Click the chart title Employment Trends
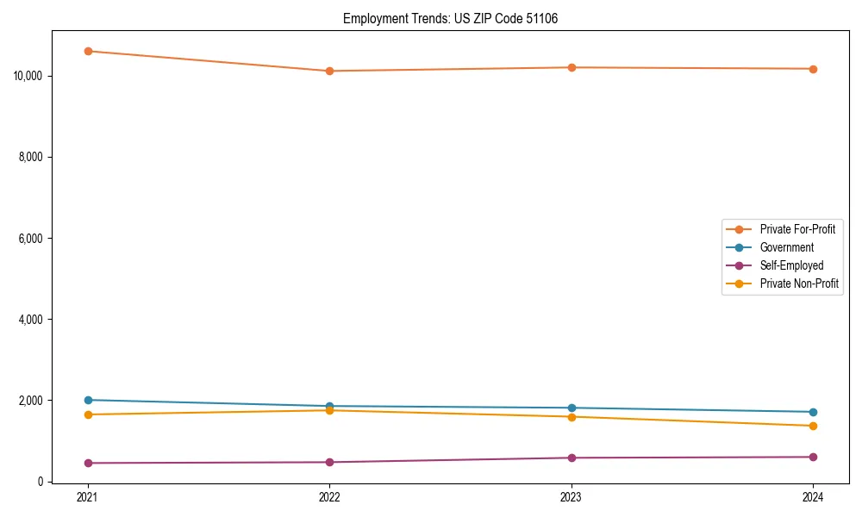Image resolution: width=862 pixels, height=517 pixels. tap(450, 18)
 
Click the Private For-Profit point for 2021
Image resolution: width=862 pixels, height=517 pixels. tap(87, 51)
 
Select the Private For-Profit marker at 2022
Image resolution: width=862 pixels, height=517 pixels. tap(329, 71)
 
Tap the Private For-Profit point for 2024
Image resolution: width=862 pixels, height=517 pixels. tap(813, 69)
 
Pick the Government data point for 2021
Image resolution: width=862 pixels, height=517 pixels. tap(87, 400)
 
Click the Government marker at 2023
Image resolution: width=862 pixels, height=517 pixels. tap(572, 408)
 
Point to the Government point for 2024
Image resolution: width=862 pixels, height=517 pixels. tap(813, 412)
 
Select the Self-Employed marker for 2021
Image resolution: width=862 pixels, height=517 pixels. tap(87, 463)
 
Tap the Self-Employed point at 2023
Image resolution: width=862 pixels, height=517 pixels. tap(572, 458)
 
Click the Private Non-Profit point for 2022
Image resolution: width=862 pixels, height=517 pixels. tap(329, 410)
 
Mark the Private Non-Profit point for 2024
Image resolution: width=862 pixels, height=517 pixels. tap(813, 426)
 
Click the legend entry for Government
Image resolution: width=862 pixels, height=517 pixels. tap(786, 247)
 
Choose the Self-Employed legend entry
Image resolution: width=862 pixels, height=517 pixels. tap(791, 265)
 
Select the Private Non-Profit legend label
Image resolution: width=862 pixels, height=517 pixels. tap(799, 283)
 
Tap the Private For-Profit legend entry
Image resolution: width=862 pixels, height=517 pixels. tap(797, 229)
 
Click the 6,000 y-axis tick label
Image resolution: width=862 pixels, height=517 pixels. tap(31, 238)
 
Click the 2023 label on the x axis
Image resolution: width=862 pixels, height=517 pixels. tap(572, 497)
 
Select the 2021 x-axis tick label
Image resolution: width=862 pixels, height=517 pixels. tap(87, 497)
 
